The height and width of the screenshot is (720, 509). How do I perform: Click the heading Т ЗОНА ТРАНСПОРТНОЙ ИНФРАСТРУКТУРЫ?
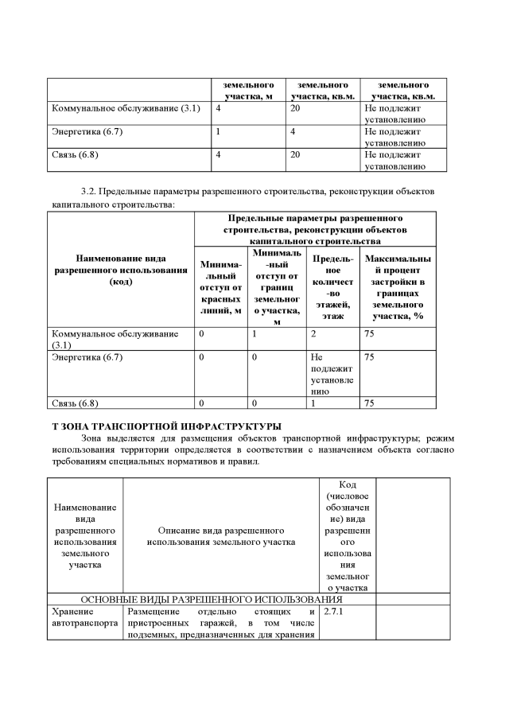click(166, 426)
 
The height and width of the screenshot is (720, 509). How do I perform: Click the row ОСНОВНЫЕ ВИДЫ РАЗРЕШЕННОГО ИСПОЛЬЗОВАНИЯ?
click(212, 598)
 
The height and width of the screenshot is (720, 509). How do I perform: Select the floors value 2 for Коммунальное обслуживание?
click(314, 334)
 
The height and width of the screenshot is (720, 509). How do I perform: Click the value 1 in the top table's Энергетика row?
click(219, 131)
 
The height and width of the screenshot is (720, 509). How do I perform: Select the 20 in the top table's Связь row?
click(295, 154)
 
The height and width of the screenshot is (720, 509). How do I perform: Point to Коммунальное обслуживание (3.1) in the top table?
click(126, 107)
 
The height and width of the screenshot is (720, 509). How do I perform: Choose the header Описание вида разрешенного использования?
click(221, 535)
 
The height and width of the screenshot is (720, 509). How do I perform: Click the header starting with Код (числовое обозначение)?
click(347, 535)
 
